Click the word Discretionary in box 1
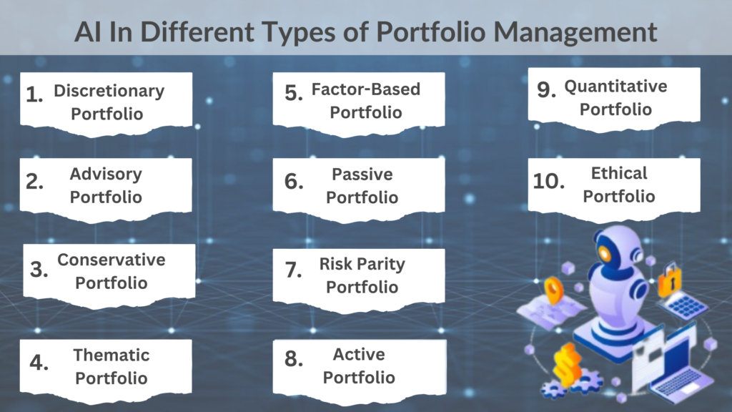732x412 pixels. [x=109, y=91]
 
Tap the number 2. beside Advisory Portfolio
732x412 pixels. [x=34, y=181]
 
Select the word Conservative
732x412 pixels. [x=111, y=260]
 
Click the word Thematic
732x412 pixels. [x=111, y=355]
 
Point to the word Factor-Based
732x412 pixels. [x=365, y=89]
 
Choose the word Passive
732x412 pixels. [x=362, y=175]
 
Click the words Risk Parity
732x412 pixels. [x=362, y=265]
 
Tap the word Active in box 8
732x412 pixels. [x=359, y=355]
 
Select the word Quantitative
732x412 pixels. [x=615, y=87]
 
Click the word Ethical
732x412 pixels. [x=619, y=173]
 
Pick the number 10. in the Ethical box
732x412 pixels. [x=548, y=181]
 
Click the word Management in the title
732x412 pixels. [x=575, y=31]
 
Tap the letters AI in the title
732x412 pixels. [x=88, y=31]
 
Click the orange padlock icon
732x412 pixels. [x=671, y=280]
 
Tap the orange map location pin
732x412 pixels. [x=554, y=290]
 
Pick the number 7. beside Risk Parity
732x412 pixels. [x=293, y=270]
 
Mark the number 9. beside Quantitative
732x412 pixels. [x=546, y=89]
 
